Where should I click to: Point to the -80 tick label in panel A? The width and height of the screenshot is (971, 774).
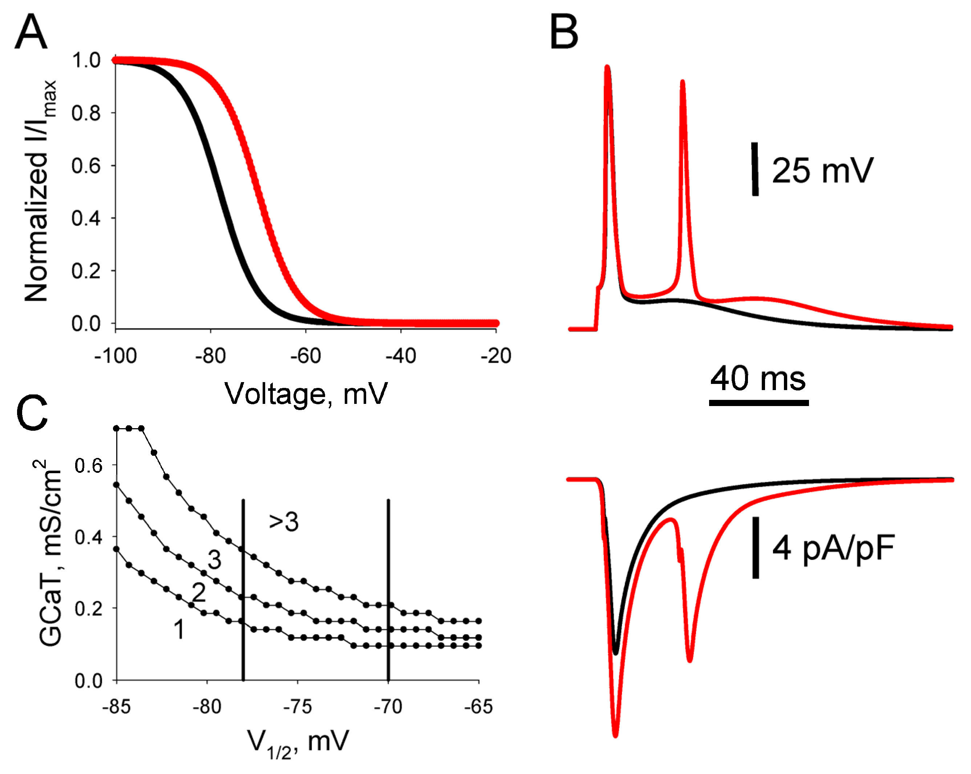point(210,356)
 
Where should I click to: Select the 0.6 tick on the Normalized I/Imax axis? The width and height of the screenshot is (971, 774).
point(86,165)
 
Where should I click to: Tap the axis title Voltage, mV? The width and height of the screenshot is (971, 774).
point(306,394)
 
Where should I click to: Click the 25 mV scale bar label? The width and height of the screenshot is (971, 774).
point(822,171)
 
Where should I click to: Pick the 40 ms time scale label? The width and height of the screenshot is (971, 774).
point(758,378)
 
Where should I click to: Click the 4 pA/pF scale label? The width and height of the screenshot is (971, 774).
point(833,548)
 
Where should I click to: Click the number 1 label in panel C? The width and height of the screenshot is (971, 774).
point(179,629)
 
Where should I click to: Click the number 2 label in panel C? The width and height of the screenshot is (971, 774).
point(199,592)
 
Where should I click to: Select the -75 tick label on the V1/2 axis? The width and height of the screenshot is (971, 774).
point(298,707)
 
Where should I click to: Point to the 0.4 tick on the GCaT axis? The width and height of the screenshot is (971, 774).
point(88,537)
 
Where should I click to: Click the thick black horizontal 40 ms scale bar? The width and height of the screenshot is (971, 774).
point(758,403)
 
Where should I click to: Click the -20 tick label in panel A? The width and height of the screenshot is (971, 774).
point(496,356)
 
